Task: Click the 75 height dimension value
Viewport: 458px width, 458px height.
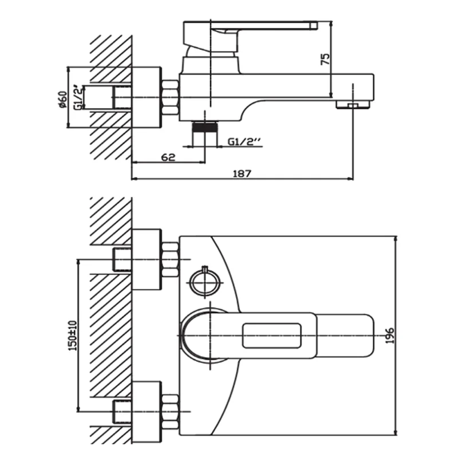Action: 325,61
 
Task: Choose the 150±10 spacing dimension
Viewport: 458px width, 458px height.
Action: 72,334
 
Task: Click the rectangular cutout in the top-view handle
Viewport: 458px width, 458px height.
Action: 271,335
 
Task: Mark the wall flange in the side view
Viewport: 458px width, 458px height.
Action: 147,97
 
